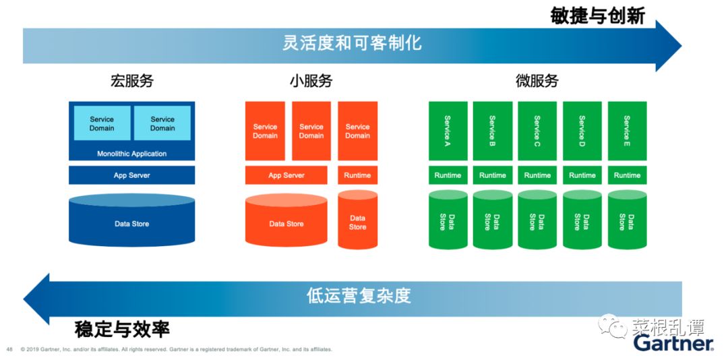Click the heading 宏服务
[x=131, y=82]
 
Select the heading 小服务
[x=311, y=82]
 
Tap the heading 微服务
[x=537, y=82]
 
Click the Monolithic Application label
[x=131, y=154]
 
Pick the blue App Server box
[x=131, y=175]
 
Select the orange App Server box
[x=286, y=175]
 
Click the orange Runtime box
[x=357, y=175]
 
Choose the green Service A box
[x=448, y=131]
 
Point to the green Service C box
[x=537, y=131]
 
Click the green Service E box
[x=627, y=131]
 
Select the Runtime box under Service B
[x=492, y=175]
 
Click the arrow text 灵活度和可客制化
[x=352, y=43]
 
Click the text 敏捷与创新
[x=597, y=16]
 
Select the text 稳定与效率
[x=122, y=329]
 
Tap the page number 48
[x=9, y=349]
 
